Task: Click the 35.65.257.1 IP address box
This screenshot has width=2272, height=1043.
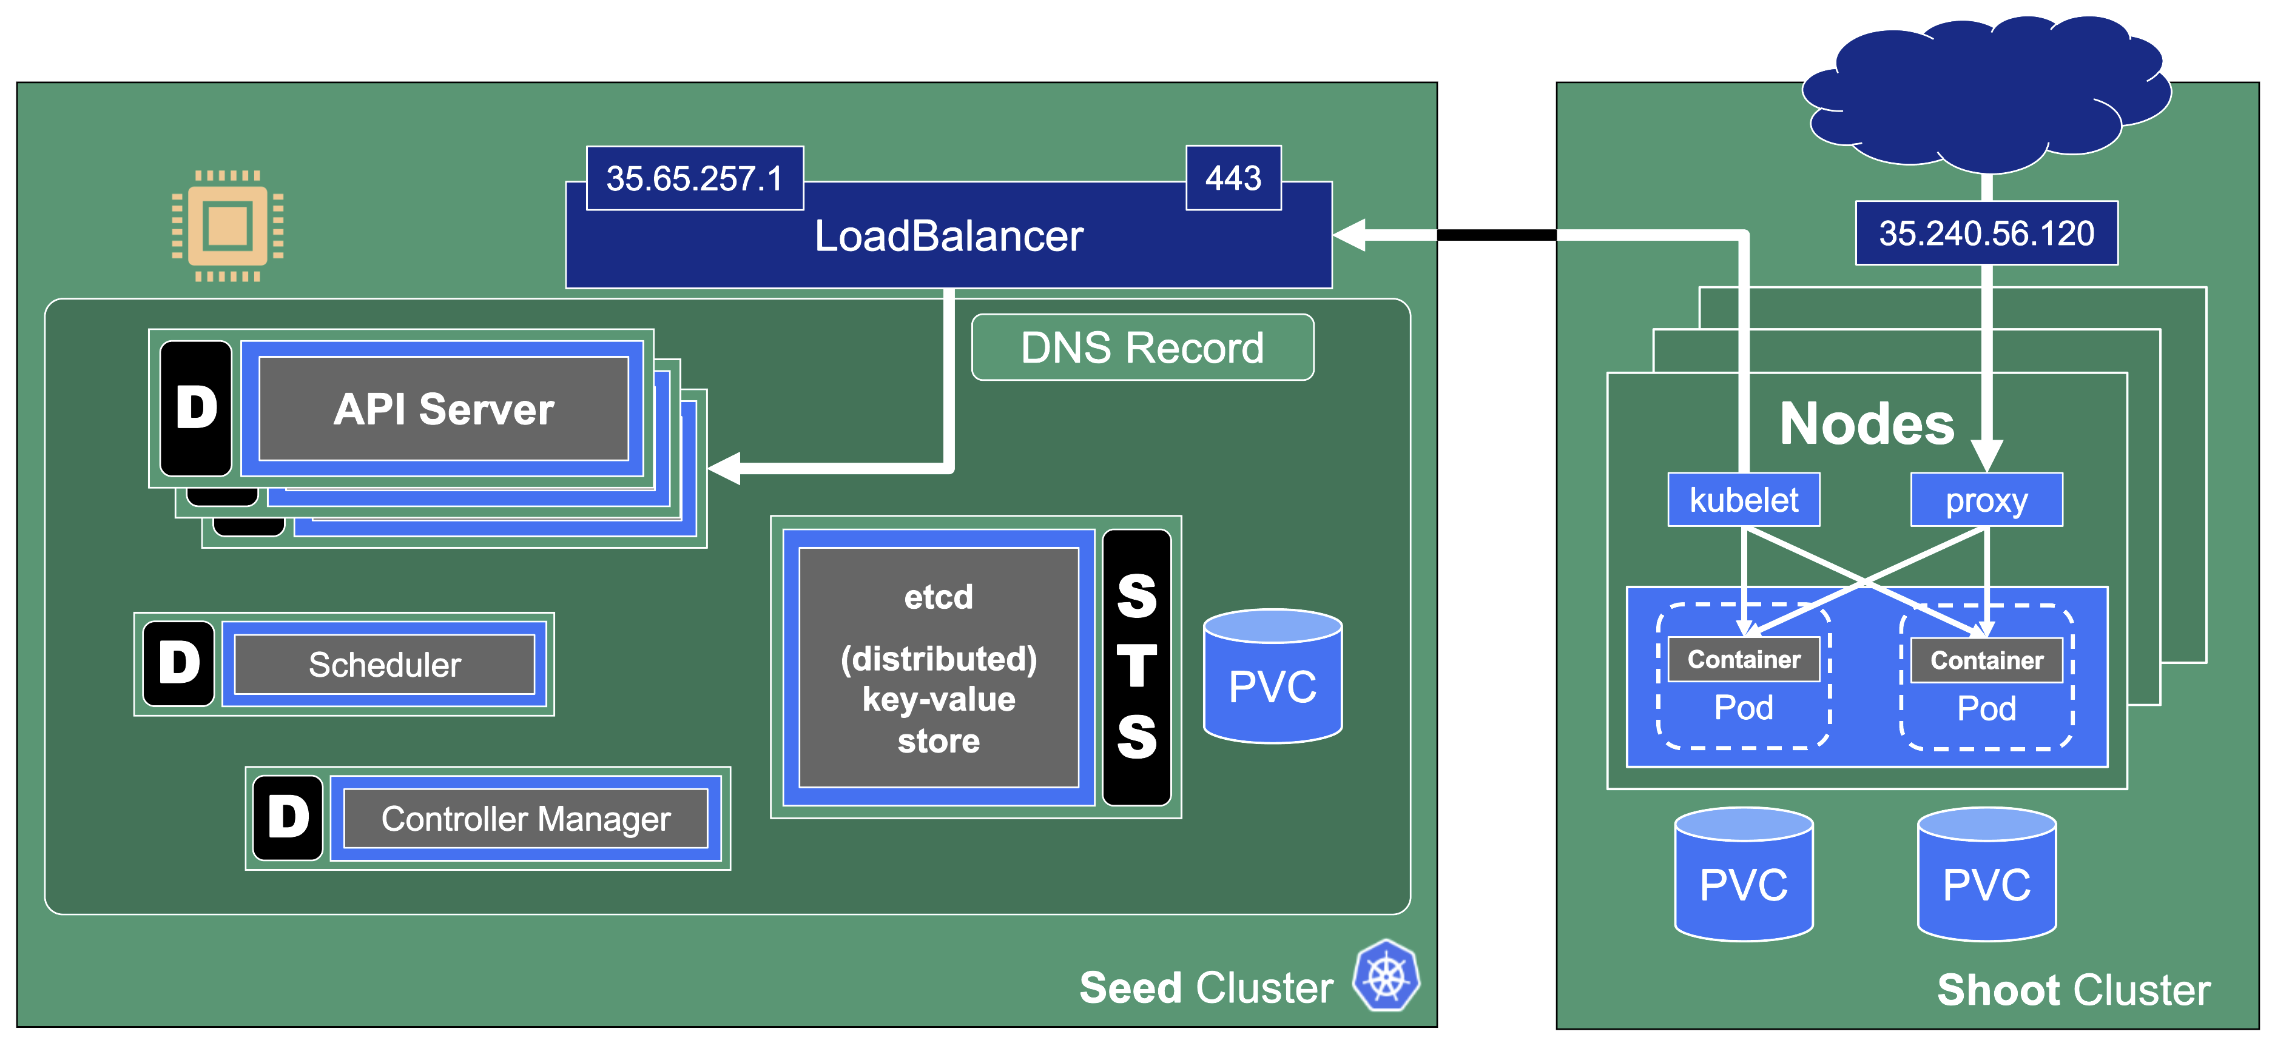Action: pos(694,179)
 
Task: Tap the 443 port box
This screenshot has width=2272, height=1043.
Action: pos(1233,179)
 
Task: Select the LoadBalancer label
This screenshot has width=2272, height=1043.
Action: pos(948,236)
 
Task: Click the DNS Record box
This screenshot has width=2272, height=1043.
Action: pos(1142,348)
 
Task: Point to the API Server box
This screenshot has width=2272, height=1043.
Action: pos(443,409)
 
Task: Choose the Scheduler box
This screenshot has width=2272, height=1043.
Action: pos(385,665)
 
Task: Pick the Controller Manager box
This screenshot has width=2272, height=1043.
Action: pos(525,819)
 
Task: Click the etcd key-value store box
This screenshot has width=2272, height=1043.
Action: pos(939,668)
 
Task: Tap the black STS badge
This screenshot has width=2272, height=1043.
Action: pos(1137,668)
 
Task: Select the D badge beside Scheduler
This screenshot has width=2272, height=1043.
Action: pos(179,664)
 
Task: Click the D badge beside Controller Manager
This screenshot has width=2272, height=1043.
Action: pos(288,817)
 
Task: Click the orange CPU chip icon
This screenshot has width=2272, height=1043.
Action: pos(228,226)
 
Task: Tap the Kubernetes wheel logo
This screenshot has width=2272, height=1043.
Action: pos(1386,976)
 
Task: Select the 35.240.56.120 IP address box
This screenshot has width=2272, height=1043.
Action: pos(1986,233)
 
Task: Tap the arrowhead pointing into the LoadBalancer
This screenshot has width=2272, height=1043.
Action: pos(1349,235)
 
